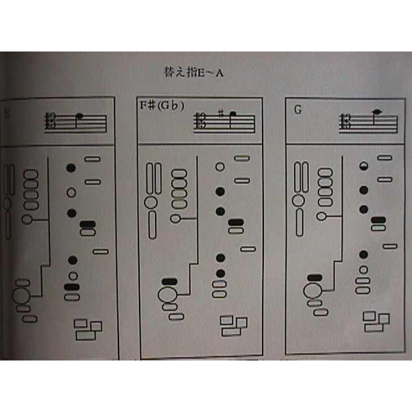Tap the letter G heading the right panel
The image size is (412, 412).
(x=297, y=109)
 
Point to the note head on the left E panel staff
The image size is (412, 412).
(x=79, y=117)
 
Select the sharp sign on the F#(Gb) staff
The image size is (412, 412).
(x=220, y=113)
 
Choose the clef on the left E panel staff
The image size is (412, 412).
(x=50, y=122)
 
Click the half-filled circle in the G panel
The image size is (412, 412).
(x=364, y=166)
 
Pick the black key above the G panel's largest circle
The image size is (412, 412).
(x=314, y=277)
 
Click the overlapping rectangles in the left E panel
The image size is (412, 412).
(x=88, y=330)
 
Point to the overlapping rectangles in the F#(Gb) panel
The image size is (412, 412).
(x=233, y=326)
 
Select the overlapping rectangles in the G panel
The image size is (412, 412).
(x=377, y=321)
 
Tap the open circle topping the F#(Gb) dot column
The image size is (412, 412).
(x=220, y=167)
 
